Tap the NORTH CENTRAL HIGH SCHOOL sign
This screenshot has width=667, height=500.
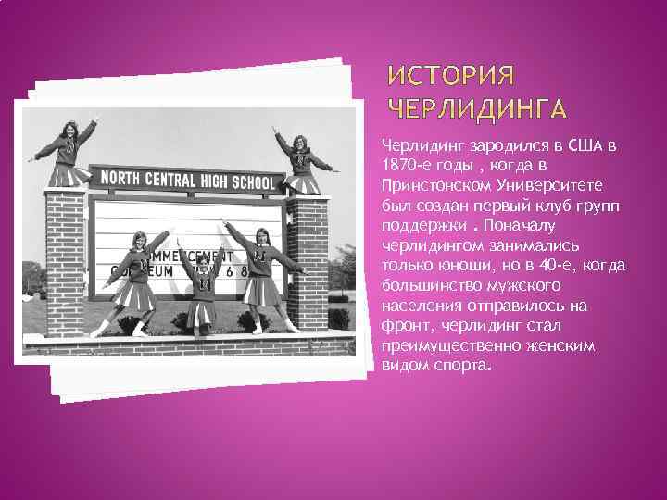point(187,180)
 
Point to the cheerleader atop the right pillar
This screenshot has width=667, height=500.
point(299,163)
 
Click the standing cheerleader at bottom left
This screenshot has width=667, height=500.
point(138,278)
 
